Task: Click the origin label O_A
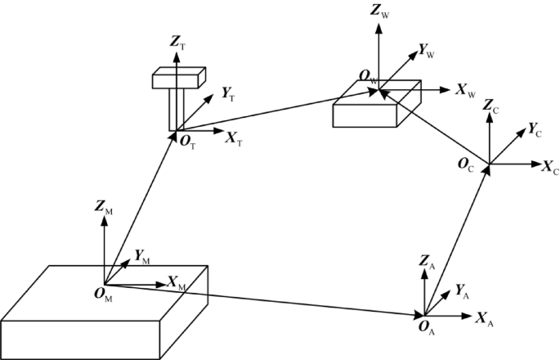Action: point(426,328)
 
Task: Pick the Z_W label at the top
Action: point(380,11)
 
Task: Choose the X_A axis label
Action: point(485,316)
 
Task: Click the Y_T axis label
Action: point(230,94)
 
